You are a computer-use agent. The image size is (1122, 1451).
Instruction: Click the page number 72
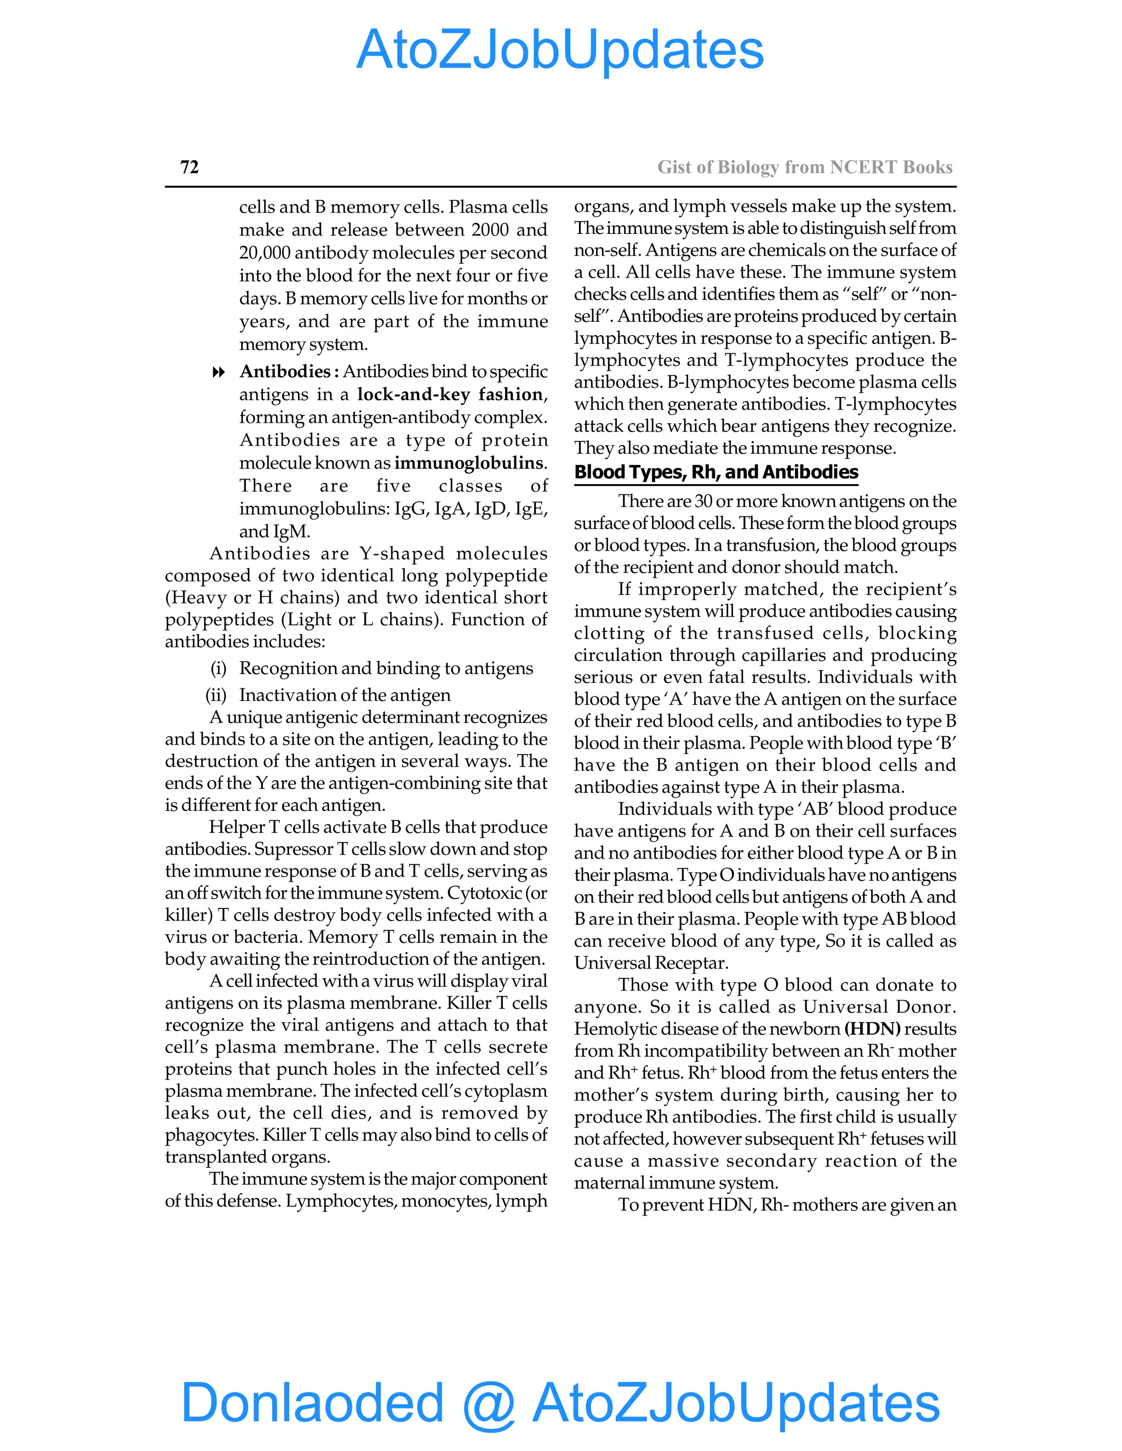[x=190, y=167]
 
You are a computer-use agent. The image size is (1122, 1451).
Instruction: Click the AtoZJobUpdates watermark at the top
[x=560, y=50]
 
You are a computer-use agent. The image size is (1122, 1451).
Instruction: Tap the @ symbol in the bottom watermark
[x=489, y=1403]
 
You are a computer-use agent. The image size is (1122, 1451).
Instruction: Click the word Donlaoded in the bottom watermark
[x=312, y=1403]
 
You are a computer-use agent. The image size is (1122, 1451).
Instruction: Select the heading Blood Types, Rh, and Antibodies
[x=716, y=473]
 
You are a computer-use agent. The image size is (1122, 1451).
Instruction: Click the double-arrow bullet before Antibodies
[x=218, y=372]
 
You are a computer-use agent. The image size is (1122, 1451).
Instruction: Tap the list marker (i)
[x=219, y=669]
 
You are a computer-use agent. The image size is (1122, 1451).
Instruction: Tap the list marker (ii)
[x=216, y=695]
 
